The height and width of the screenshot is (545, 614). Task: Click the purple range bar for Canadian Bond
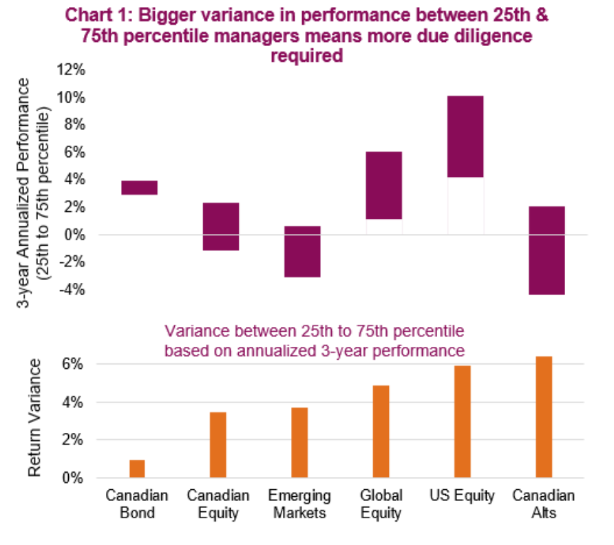[140, 187]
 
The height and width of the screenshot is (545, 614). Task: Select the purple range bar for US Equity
[465, 136]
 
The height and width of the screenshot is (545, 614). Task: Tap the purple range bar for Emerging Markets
[303, 251]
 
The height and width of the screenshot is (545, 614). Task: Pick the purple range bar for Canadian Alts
[547, 250]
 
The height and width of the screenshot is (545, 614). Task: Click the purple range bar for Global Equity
[384, 185]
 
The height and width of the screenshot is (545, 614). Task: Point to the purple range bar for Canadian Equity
[221, 226]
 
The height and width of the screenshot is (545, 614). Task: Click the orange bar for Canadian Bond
[137, 469]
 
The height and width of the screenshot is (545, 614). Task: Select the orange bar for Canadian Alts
[544, 417]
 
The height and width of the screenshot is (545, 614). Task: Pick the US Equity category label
[463, 496]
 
